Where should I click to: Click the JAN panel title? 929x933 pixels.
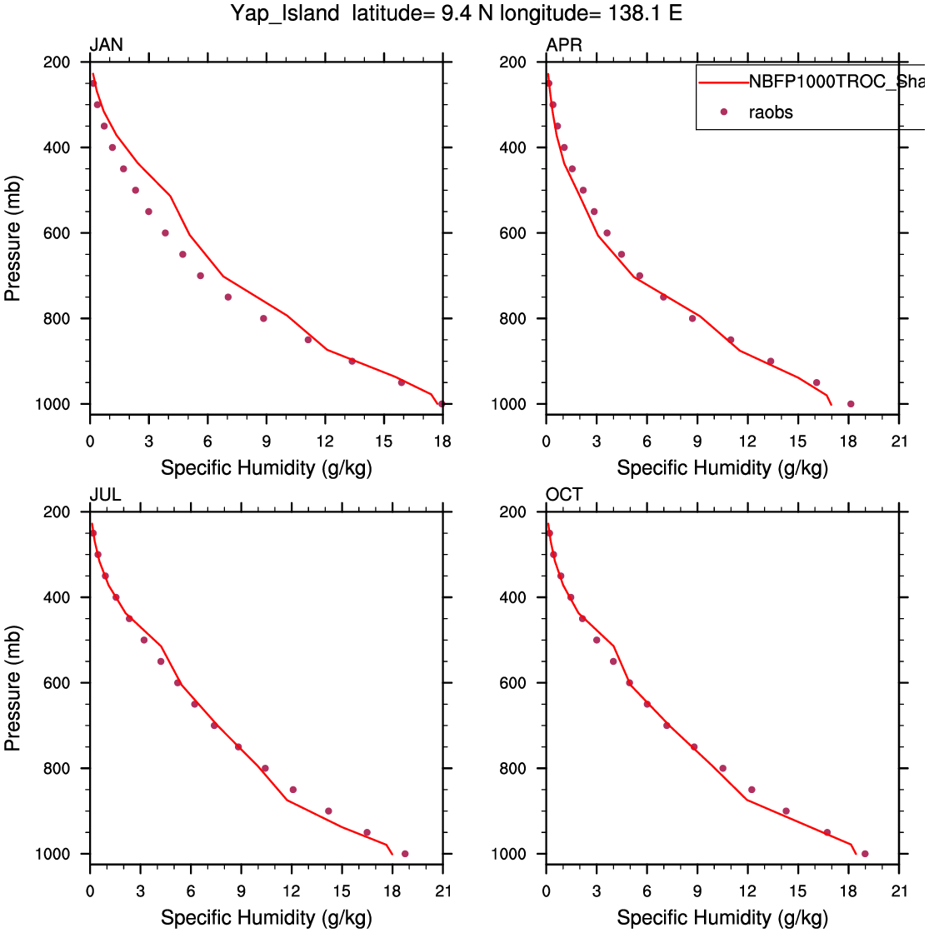point(107,45)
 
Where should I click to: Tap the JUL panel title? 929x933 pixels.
point(106,496)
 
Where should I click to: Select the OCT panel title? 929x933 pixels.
point(564,496)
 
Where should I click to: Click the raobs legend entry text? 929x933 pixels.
point(771,112)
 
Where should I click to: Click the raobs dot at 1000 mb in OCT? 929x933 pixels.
point(865,854)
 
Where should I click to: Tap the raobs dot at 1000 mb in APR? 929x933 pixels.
point(851,404)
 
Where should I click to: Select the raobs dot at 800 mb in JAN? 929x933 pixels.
point(263,318)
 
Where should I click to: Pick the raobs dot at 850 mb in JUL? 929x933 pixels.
point(292,790)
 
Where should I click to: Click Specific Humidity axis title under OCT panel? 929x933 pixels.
point(722,918)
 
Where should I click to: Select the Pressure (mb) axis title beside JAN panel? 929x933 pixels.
point(13,233)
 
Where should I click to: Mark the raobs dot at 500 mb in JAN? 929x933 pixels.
point(136,190)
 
